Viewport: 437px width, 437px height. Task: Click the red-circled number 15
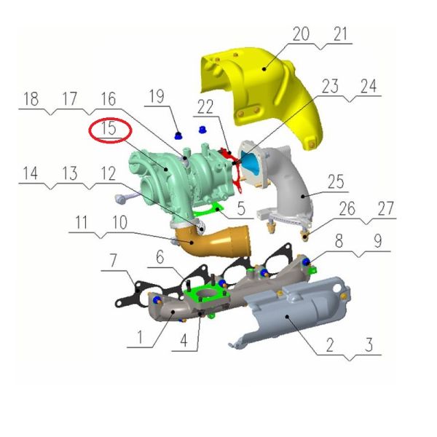pos(109,128)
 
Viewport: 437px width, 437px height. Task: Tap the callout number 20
pos(301,34)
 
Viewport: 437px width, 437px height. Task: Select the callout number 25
pos(336,181)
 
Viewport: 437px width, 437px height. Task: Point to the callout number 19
pos(157,96)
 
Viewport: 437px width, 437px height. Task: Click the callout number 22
pos(205,106)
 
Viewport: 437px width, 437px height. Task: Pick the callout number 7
pos(113,260)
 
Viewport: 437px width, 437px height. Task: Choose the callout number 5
pos(241,208)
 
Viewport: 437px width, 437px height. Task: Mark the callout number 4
pos(184,340)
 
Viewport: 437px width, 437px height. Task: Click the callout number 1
pos(140,336)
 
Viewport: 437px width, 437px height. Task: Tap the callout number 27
pos(385,208)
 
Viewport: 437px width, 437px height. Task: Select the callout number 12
pos(108,173)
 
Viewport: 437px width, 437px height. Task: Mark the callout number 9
pos(377,241)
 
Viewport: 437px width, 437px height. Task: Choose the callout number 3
pos(369,345)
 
